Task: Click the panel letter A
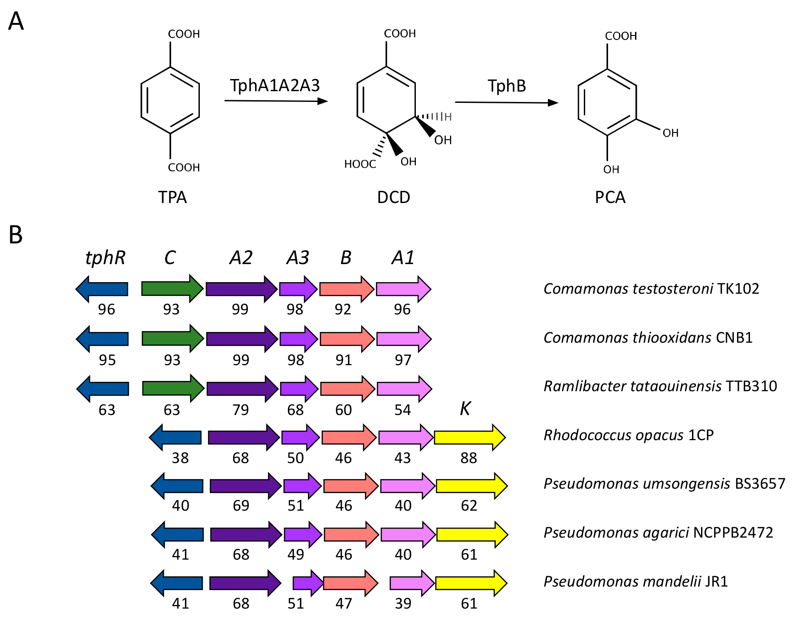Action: pos(16,21)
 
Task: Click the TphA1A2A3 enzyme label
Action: pos(274,85)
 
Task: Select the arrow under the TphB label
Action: pos(506,103)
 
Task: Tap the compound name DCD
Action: pos(393,198)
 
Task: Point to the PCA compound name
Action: pos(610,198)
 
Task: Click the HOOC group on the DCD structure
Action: pos(360,164)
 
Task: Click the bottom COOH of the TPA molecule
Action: pos(184,168)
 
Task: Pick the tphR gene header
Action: pos(105,258)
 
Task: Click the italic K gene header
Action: pos(465,409)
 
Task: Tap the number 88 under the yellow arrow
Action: pos(468,458)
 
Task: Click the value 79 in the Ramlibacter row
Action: pos(240,410)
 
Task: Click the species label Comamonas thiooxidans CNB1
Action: pos(648,337)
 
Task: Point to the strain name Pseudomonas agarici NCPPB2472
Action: pos(658,533)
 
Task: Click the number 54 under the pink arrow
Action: pos(402,410)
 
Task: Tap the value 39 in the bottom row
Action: pos(403,603)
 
